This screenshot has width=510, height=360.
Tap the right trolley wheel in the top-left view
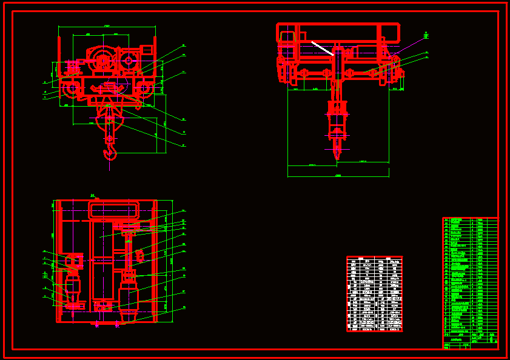[x=146, y=90]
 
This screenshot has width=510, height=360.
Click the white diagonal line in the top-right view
[x=322, y=48]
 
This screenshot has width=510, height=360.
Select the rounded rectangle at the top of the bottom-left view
[x=113, y=210]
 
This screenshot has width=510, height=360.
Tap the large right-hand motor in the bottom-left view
[x=129, y=294]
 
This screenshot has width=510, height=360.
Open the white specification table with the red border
[x=374, y=294]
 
